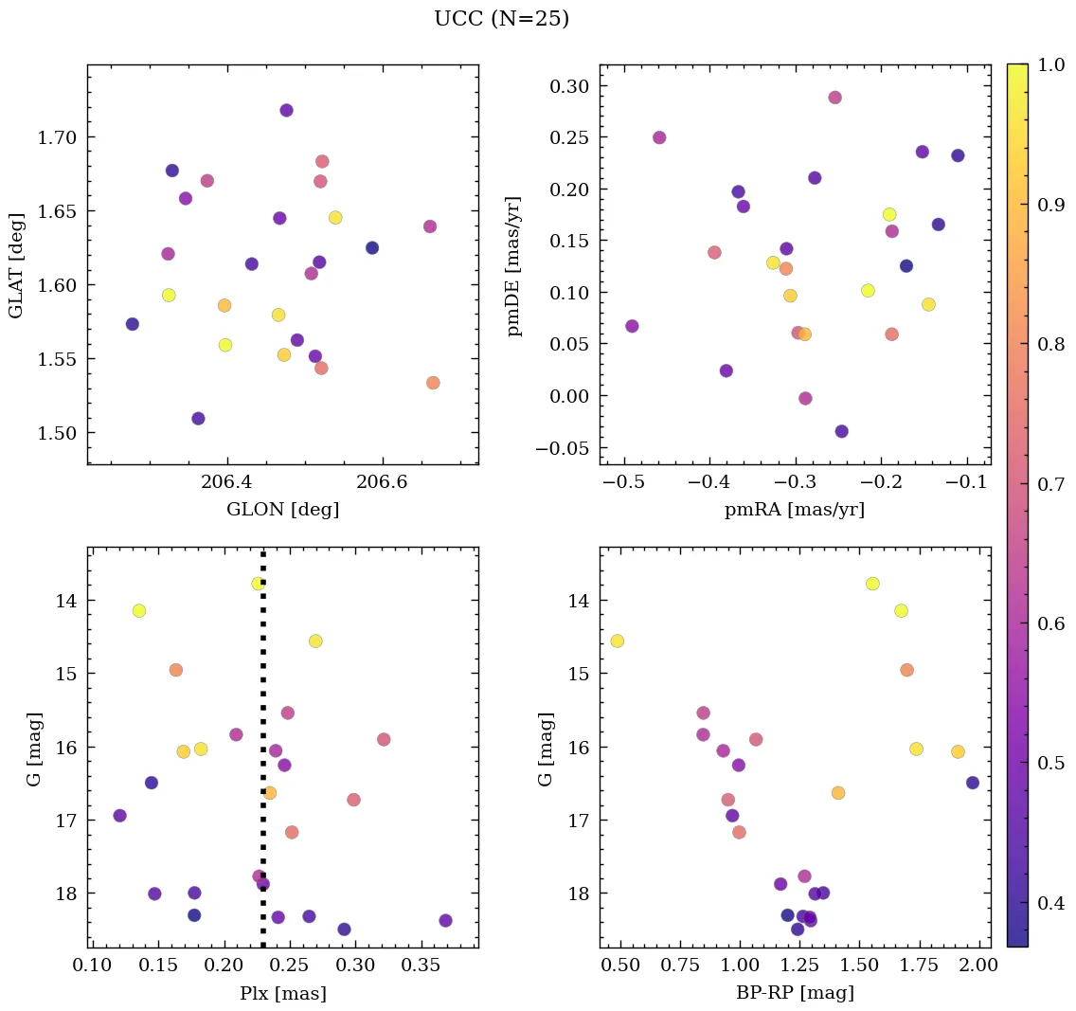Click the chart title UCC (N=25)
coord(501,19)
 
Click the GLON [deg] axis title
coord(282,510)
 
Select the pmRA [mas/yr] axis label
coord(795,510)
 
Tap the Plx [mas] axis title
coord(282,993)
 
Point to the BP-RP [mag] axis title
coord(795,993)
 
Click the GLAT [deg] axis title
coord(16,264)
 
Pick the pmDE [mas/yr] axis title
coord(515,264)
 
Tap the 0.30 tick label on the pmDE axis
coord(570,86)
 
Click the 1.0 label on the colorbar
coord(1050,64)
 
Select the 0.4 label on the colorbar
coord(1050,903)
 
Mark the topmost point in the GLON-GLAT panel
coord(286,110)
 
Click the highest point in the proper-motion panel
coord(834,98)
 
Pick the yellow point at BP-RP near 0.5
coord(617,641)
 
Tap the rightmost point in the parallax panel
coord(445,920)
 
